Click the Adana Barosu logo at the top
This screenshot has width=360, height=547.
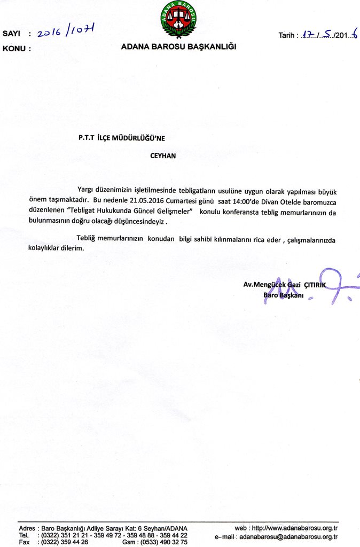coord(178,19)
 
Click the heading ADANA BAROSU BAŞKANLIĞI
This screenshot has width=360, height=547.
coord(178,46)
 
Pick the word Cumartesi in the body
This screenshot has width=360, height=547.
coord(179,201)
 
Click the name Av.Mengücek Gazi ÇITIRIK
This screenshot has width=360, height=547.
coord(284,285)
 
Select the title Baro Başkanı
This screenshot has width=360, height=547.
coord(283,295)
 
